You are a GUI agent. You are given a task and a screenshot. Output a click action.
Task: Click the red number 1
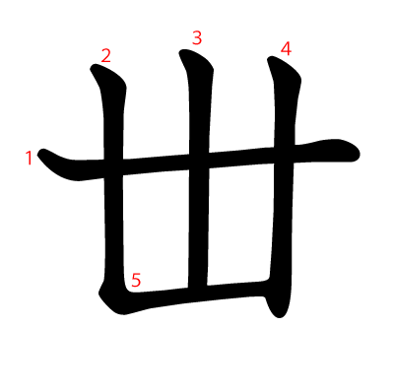coord(30,158)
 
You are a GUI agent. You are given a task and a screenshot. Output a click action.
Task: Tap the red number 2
coord(105,55)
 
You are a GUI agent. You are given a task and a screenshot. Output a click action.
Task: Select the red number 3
coord(197,37)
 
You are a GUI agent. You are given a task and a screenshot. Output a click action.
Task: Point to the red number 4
coord(286,49)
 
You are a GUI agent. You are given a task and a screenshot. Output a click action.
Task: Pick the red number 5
coord(136,280)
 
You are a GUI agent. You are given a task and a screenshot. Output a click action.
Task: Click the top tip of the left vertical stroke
coord(94,67)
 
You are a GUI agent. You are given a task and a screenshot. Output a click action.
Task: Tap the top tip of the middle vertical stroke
coord(182,51)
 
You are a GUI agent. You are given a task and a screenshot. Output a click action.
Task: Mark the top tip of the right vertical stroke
coord(271,59)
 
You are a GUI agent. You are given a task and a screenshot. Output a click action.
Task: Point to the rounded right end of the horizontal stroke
coord(358,154)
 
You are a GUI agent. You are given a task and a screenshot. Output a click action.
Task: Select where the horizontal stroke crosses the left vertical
coord(113,168)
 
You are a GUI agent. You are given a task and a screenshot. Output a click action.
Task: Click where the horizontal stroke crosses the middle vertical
coord(199,162)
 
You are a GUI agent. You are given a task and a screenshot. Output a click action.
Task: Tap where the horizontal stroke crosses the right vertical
coord(285,155)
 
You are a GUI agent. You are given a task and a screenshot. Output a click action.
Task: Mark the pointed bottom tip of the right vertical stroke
coord(280,316)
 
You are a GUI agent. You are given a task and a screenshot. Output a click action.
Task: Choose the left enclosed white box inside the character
coord(156,230)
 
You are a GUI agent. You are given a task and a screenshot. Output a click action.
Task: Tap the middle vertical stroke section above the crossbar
coord(199,105)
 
